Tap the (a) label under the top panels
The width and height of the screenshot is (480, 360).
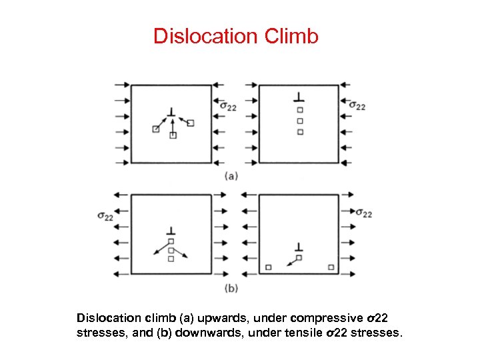pyautogui.click(x=231, y=176)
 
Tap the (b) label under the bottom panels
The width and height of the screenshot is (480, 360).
pyautogui.click(x=231, y=288)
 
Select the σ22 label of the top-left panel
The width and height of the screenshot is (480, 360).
pyautogui.click(x=227, y=106)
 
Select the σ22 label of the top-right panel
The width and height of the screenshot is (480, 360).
pyautogui.click(x=357, y=106)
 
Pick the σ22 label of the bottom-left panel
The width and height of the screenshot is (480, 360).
pyautogui.click(x=105, y=216)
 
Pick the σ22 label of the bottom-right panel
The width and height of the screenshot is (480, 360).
pyautogui.click(x=363, y=213)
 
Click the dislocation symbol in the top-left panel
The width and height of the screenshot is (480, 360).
pyautogui.click(x=172, y=112)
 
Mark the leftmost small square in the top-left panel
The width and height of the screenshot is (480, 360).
pyautogui.click(x=156, y=129)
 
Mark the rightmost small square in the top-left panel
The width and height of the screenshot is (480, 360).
pyautogui.click(x=191, y=123)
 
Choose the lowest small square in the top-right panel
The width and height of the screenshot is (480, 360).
pyautogui.click(x=300, y=132)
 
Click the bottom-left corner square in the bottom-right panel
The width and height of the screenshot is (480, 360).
pyautogui.click(x=268, y=267)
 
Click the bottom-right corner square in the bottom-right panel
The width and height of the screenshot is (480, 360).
pyautogui.click(x=331, y=267)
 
